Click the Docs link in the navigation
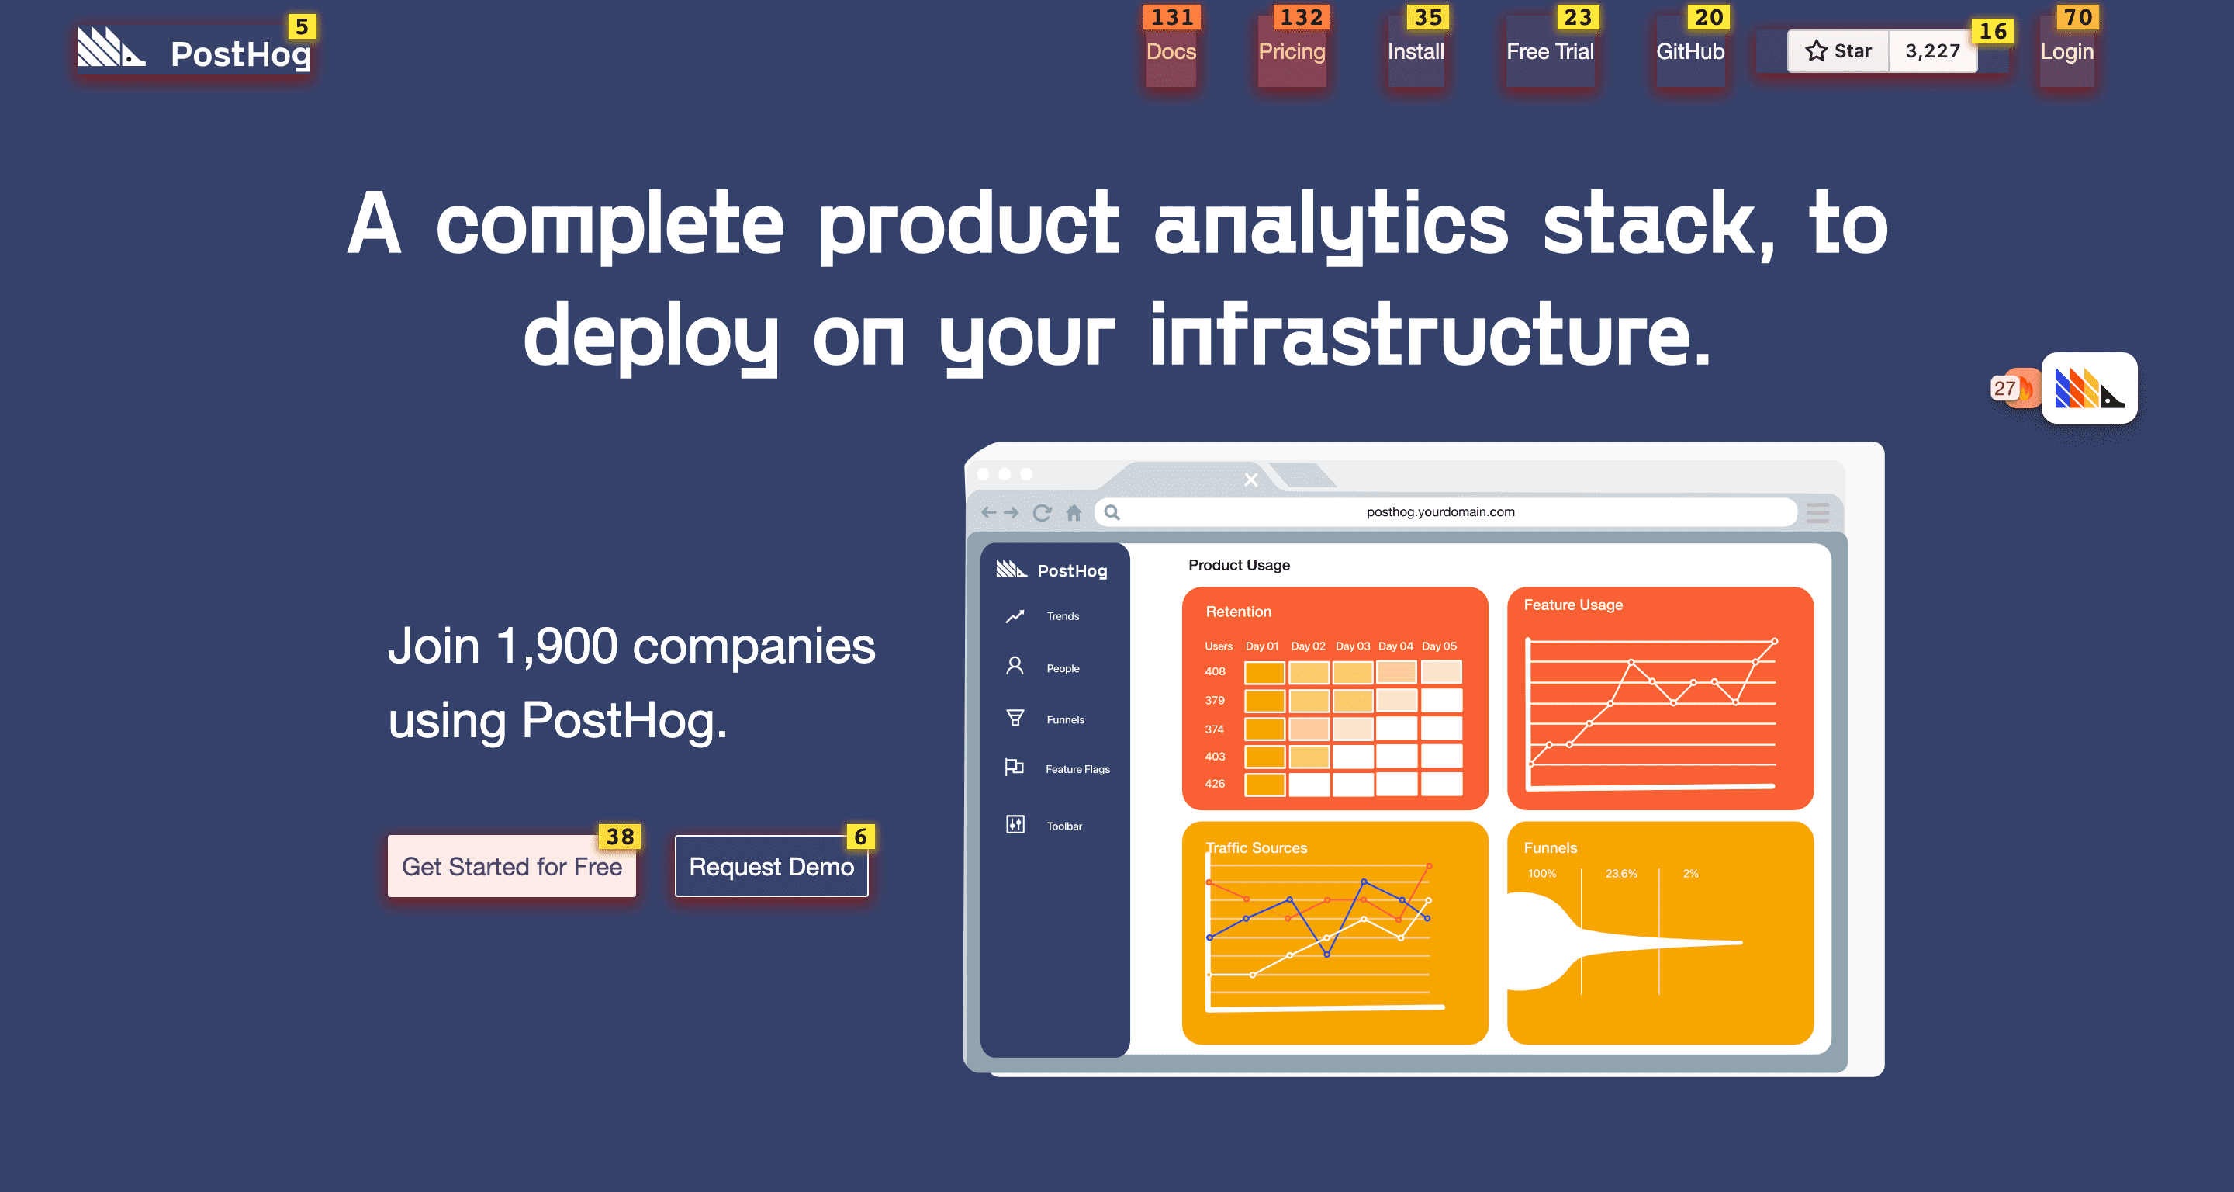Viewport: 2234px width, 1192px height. pyautogui.click(x=1171, y=52)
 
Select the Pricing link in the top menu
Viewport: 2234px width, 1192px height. pyautogui.click(x=1292, y=52)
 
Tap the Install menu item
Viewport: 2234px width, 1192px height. pyautogui.click(x=1416, y=52)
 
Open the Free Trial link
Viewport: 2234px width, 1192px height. pyautogui.click(x=1550, y=52)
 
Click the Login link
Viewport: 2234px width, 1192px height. pyautogui.click(x=2066, y=52)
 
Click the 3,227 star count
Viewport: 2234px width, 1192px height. pyautogui.click(x=1932, y=51)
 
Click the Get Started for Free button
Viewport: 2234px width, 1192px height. pyautogui.click(x=512, y=866)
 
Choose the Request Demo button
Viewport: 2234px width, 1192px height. pyautogui.click(x=771, y=866)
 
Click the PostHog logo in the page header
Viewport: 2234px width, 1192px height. pyautogui.click(x=194, y=50)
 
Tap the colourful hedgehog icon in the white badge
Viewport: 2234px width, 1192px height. pyautogui.click(x=2088, y=388)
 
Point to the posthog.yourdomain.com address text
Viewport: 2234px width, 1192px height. pyautogui.click(x=1440, y=512)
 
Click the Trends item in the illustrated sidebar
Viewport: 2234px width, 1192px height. pyautogui.click(x=1063, y=616)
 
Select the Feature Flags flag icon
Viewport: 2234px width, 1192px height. pyautogui.click(x=1014, y=767)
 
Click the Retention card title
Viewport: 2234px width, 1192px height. pyautogui.click(x=1239, y=612)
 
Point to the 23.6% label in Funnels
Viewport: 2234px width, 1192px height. pyautogui.click(x=1621, y=874)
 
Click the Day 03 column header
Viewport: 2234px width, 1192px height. pyautogui.click(x=1352, y=646)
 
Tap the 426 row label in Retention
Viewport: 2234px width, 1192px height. pyautogui.click(x=1214, y=783)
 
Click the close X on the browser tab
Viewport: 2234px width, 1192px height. pyautogui.click(x=1250, y=480)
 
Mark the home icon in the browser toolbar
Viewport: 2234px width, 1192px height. pyautogui.click(x=1074, y=512)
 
